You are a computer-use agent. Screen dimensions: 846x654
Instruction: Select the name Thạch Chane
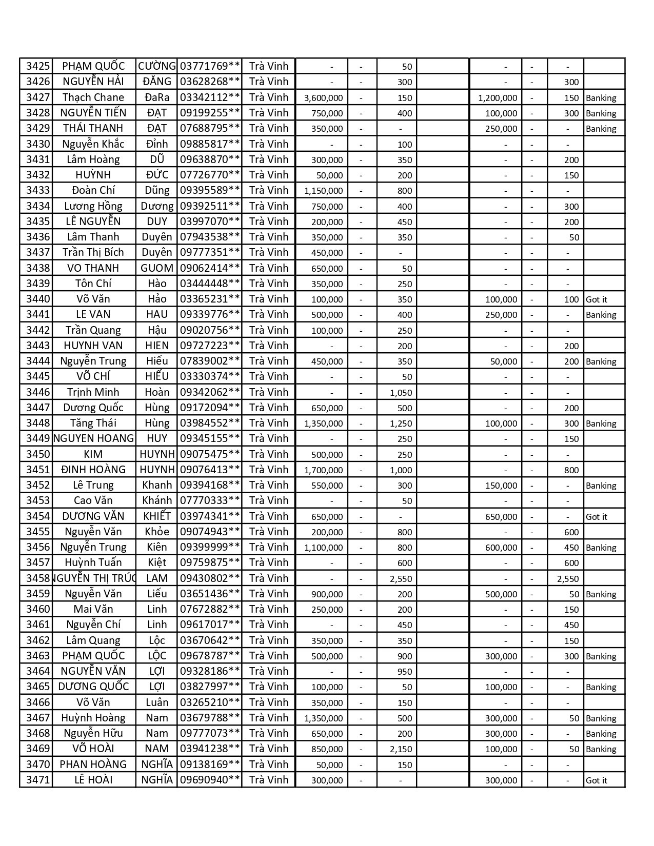pyautogui.click(x=93, y=97)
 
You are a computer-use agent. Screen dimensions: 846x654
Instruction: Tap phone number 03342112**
pyautogui.click(x=210, y=97)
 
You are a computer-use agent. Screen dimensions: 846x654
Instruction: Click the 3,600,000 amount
pyautogui.click(x=324, y=98)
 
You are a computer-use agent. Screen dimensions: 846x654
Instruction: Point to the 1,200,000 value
pyautogui.click(x=498, y=98)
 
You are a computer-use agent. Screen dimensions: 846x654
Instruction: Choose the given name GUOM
pyautogui.click(x=157, y=268)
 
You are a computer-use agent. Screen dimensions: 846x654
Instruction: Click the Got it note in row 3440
pyautogui.click(x=597, y=299)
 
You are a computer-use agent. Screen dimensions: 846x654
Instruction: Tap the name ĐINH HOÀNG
pyautogui.click(x=93, y=470)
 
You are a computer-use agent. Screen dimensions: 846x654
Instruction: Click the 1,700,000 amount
pyautogui.click(x=324, y=470)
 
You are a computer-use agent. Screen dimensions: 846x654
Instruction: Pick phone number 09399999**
pyautogui.click(x=210, y=547)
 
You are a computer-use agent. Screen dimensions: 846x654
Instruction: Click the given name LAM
pyautogui.click(x=157, y=578)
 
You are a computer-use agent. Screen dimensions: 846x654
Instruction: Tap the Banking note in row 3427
pyautogui.click(x=601, y=98)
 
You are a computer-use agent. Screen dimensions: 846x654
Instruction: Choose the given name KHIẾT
pyautogui.click(x=157, y=516)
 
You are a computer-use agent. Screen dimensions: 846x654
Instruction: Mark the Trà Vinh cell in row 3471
pyautogui.click(x=269, y=780)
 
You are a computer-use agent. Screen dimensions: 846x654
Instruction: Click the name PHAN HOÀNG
pyautogui.click(x=93, y=764)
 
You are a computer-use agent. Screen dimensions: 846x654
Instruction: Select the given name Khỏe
pyautogui.click(x=157, y=532)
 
